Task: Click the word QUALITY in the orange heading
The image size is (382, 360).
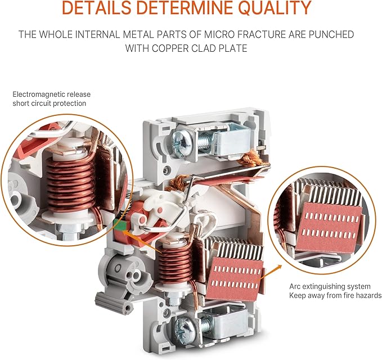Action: pyautogui.click(x=275, y=7)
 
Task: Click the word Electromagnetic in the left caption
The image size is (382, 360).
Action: pyautogui.click(x=38, y=94)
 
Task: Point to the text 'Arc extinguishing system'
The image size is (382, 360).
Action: pyautogui.click(x=330, y=286)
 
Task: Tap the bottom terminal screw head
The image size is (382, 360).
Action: pyautogui.click(x=185, y=327)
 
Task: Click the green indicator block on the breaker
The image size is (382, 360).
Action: pyautogui.click(x=120, y=223)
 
